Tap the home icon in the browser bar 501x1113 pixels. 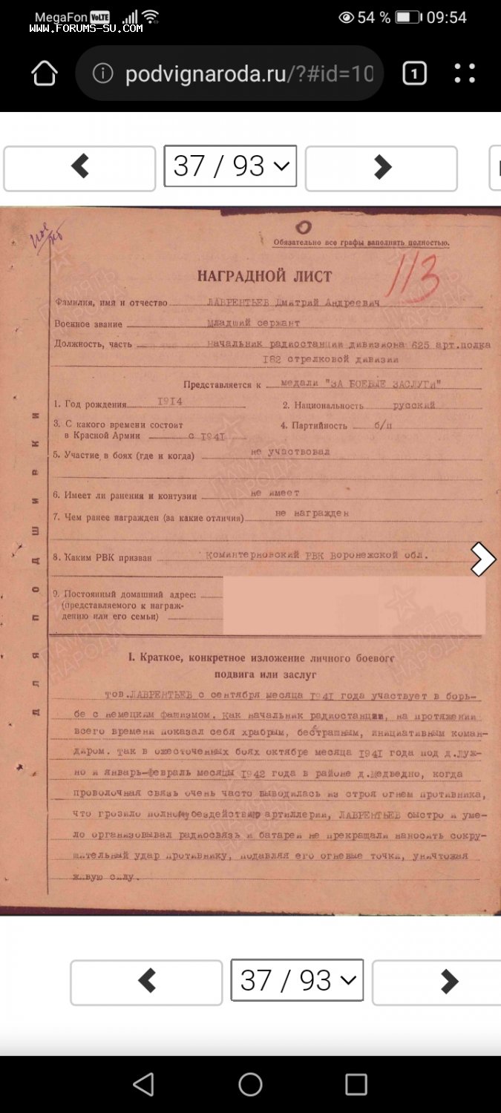tap(45, 73)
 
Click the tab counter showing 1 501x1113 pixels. tap(414, 73)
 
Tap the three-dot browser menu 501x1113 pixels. tap(465, 73)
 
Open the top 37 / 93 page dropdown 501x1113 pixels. tap(230, 166)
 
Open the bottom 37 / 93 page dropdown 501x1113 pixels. tap(297, 980)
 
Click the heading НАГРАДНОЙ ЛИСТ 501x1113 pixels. tap(264, 276)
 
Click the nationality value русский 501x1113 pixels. tap(413, 405)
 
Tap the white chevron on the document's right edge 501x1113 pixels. tap(482, 559)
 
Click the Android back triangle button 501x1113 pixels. tap(144, 1084)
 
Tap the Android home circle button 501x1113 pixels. tap(250, 1084)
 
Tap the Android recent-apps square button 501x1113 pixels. tap(356, 1084)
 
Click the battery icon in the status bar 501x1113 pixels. tap(408, 17)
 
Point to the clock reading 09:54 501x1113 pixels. tap(446, 17)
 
